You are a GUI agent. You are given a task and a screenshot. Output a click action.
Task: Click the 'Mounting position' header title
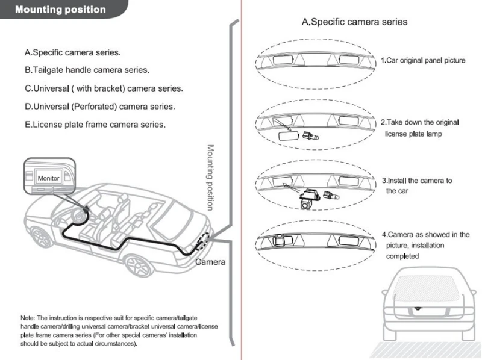(60, 10)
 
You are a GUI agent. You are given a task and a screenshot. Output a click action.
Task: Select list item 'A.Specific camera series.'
(72, 52)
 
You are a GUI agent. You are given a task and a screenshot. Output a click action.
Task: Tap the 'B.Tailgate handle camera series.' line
(87, 70)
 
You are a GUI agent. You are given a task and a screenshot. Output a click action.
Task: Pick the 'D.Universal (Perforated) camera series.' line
(99, 107)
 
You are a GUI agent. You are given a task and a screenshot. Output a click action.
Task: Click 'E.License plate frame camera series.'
(95, 125)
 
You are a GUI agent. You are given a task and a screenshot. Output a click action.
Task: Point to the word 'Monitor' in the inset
(48, 179)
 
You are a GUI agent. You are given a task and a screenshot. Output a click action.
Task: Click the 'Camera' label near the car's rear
(210, 262)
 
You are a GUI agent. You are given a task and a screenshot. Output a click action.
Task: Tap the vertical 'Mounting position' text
(210, 177)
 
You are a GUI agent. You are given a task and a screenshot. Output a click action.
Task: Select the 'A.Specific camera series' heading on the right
(354, 22)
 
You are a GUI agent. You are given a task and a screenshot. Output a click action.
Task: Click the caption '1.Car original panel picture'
(423, 61)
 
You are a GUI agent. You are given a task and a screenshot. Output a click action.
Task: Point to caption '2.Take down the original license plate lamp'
(420, 128)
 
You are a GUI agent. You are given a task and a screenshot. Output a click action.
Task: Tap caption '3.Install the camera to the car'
(416, 185)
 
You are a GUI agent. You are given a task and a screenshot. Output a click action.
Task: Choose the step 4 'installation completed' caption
(425, 245)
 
